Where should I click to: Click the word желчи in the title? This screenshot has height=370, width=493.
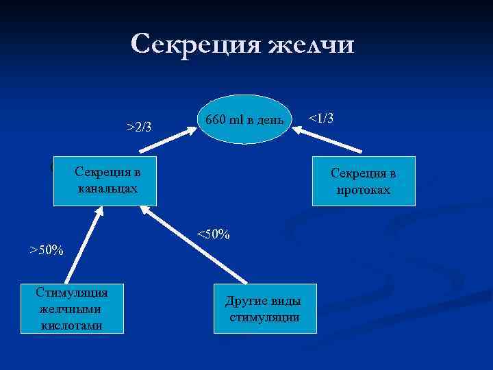(312, 45)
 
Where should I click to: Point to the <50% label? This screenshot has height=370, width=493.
(213, 234)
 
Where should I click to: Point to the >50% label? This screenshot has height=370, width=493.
(46, 249)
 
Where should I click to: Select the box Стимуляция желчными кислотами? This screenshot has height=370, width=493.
(73, 308)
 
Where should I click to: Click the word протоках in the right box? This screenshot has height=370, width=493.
(364, 190)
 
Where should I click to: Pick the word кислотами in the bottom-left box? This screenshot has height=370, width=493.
(72, 325)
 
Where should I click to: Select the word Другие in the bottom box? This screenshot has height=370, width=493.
(243, 302)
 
